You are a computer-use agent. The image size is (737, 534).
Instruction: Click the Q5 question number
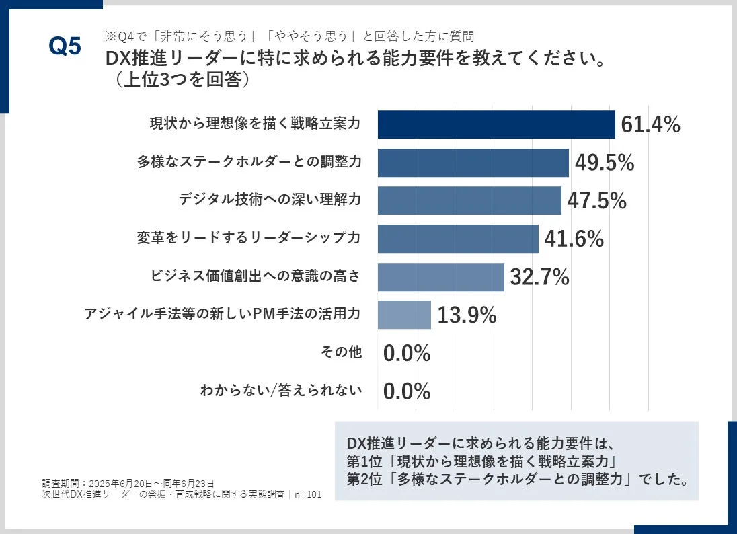coord(65,47)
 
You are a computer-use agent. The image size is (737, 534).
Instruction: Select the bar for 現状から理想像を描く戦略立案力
coord(496,124)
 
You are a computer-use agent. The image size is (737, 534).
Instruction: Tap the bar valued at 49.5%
coord(473,163)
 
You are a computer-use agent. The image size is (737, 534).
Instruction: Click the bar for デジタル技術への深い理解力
coord(469,200)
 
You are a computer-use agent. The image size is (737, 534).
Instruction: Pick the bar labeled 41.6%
coord(458,239)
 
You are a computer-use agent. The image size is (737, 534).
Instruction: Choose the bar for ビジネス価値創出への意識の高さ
coord(440,277)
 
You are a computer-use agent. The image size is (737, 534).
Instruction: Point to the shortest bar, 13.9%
coord(404,315)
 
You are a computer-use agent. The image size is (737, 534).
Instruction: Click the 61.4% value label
coord(650,125)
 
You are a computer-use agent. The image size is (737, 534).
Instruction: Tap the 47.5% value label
coord(596,201)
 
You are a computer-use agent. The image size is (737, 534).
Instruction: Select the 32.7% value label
coord(539,277)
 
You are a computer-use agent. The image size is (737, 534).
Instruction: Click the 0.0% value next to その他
coord(407,353)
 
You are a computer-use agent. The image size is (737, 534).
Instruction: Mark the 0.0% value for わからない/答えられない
coord(407,391)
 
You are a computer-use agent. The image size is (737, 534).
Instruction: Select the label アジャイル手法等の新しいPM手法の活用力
coord(223,315)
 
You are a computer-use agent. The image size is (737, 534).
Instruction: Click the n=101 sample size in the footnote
coord(307,494)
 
